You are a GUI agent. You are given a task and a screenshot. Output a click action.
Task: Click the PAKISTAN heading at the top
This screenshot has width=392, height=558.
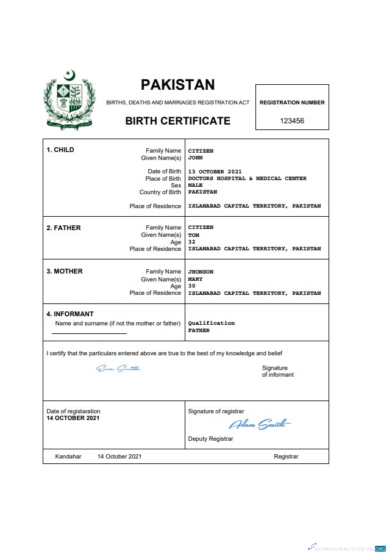point(177,84)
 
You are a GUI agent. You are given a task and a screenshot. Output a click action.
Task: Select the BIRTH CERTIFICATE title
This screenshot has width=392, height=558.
point(177,120)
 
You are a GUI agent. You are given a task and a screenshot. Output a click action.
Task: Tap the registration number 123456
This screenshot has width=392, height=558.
point(292,121)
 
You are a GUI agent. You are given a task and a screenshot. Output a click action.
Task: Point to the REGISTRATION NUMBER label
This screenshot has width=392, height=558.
point(292,103)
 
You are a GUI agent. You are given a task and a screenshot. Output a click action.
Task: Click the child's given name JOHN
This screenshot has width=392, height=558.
point(195,158)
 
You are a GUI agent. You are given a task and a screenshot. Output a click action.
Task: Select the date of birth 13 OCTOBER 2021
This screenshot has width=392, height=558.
point(215,172)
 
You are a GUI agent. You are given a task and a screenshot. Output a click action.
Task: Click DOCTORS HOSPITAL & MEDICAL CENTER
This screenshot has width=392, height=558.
point(247,178)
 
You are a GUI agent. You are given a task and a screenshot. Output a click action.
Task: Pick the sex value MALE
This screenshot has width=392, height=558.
point(195,185)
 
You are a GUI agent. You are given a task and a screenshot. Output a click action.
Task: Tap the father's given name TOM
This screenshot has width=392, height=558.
point(193,235)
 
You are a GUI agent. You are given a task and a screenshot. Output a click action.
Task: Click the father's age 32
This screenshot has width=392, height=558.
point(191,242)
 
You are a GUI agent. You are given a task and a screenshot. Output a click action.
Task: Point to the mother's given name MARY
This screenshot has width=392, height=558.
point(195,279)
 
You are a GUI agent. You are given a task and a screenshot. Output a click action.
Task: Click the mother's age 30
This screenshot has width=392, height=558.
point(191,286)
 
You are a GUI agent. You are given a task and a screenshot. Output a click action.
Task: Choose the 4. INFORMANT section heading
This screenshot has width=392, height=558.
point(70,314)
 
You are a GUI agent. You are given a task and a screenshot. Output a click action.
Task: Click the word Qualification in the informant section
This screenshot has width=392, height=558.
point(211,323)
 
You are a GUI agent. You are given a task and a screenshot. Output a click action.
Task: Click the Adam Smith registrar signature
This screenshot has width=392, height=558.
point(260,424)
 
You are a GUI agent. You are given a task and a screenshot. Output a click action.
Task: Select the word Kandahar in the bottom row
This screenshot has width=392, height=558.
point(68,457)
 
